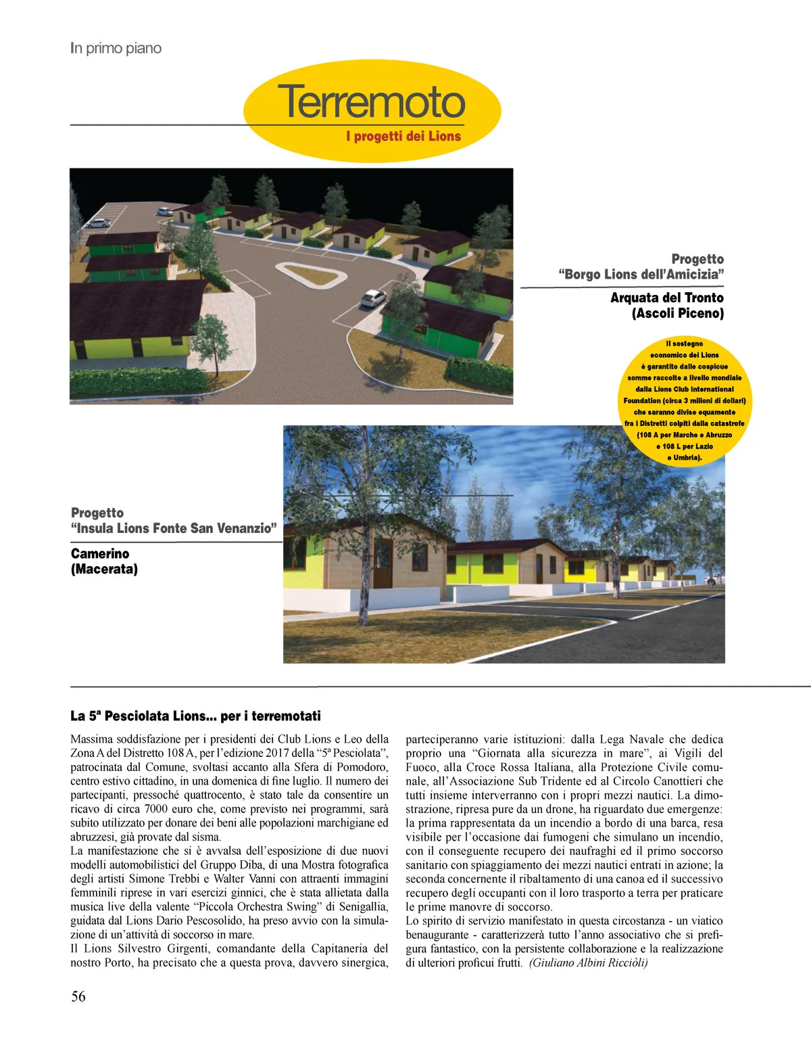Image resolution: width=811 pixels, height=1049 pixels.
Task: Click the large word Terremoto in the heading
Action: pyautogui.click(x=371, y=101)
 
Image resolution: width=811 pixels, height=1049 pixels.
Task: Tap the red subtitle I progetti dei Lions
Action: pyautogui.click(x=403, y=136)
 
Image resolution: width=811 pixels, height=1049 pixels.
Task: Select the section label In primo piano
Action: pyautogui.click(x=116, y=48)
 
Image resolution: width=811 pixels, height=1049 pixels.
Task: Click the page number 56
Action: pyautogui.click(x=78, y=996)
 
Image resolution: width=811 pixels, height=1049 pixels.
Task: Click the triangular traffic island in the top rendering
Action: pyautogui.click(x=310, y=274)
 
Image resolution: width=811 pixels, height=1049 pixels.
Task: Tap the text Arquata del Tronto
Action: pyautogui.click(x=666, y=298)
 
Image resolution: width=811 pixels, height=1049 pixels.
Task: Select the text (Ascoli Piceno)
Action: pyautogui.click(x=677, y=313)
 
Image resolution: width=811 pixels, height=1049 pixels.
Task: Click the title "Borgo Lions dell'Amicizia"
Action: pyautogui.click(x=641, y=274)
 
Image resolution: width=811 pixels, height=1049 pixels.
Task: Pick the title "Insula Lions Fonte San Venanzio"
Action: pyautogui.click(x=174, y=528)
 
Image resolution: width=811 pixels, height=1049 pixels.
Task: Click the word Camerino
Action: pyautogui.click(x=100, y=553)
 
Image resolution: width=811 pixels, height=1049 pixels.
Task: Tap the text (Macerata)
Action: pyautogui.click(x=104, y=569)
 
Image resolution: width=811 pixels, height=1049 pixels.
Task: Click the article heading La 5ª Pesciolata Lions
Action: pyautogui.click(x=195, y=716)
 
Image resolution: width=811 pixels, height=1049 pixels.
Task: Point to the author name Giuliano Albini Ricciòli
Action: pyautogui.click(x=588, y=962)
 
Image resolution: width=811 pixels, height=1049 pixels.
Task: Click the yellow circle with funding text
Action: pyautogui.click(x=685, y=401)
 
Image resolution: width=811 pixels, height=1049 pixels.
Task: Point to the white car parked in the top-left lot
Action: pyautogui.click(x=99, y=222)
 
